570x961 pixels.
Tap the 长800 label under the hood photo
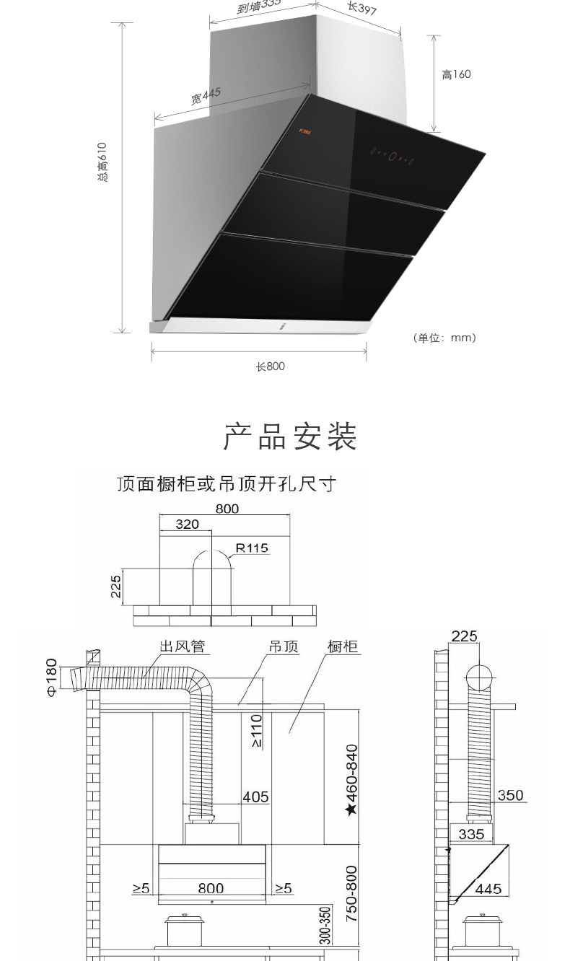(271, 367)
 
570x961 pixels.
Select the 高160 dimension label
(456, 75)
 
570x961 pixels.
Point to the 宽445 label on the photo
(206, 96)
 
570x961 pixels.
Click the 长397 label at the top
(362, 8)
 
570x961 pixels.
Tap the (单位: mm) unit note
(444, 338)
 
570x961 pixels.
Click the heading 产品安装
(290, 438)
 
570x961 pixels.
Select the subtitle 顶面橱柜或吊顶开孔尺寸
(227, 483)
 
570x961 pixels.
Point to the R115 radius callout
(252, 548)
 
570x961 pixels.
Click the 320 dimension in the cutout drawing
(187, 525)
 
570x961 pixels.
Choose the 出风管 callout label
(183, 646)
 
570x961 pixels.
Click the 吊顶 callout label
(284, 646)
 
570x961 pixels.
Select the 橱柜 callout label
(343, 646)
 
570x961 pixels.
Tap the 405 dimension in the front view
(255, 797)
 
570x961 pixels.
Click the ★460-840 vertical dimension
(351, 779)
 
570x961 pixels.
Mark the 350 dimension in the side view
(510, 796)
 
